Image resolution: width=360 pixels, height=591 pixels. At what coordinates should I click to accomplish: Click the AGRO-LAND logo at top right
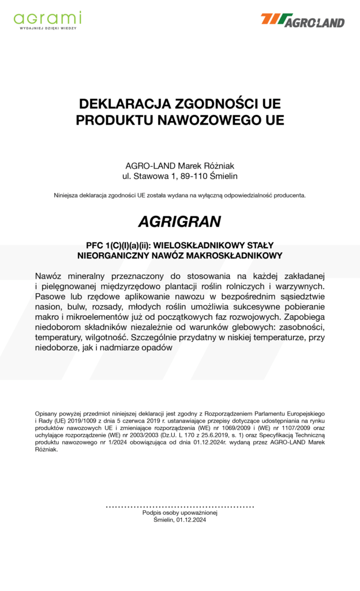point(302,20)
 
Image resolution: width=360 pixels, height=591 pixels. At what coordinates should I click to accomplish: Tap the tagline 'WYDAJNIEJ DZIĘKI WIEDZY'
point(47,28)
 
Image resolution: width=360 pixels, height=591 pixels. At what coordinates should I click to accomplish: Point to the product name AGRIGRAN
point(179,221)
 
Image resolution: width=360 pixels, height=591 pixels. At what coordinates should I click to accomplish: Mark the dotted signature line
point(179,507)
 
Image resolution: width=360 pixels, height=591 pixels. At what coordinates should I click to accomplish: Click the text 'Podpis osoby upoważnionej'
point(179,513)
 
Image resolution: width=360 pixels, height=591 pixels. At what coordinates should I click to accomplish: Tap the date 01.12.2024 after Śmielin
point(192,519)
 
